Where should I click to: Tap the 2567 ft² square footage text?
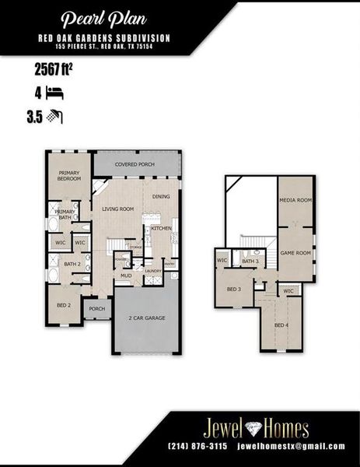(x=54, y=70)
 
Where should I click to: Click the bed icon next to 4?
(x=54, y=93)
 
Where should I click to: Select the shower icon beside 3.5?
(x=54, y=117)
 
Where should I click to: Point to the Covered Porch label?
(x=136, y=165)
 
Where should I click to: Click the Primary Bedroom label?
(x=70, y=176)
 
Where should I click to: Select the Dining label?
(x=161, y=197)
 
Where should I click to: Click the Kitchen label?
(x=161, y=228)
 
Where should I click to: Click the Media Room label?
(x=295, y=200)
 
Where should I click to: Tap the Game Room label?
(x=295, y=253)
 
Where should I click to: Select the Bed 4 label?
(x=281, y=324)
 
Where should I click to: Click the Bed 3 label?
(x=234, y=290)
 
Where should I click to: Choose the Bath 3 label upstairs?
(x=250, y=262)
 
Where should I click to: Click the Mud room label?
(x=125, y=276)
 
